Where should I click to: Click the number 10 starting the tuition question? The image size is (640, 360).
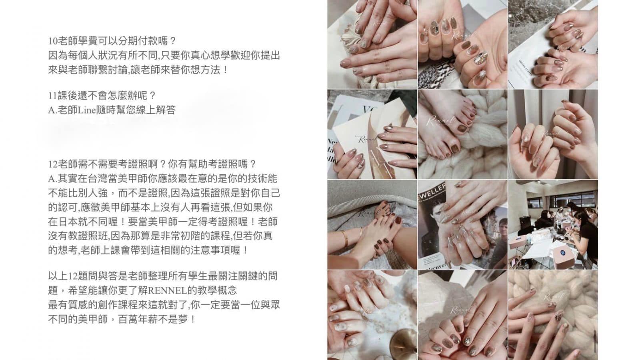[x=53, y=41]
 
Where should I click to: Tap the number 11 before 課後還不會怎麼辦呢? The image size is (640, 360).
[x=53, y=96]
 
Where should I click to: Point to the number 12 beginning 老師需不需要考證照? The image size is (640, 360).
[x=53, y=164]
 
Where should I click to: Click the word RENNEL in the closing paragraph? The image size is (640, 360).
[x=168, y=291]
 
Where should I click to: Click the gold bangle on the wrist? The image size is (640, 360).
[x=346, y=239]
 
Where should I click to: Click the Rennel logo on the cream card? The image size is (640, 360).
[x=369, y=139]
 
